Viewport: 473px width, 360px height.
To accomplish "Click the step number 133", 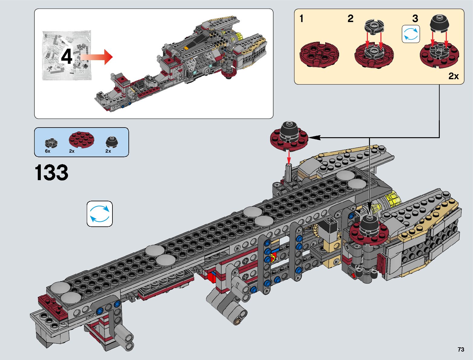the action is tap(51, 172).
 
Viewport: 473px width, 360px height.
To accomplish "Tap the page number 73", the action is tap(461, 349).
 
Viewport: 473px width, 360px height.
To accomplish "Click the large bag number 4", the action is tap(66, 57).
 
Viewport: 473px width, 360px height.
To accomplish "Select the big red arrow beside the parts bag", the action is tap(96, 57).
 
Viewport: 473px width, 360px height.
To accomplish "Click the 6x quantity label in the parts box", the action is tap(48, 151).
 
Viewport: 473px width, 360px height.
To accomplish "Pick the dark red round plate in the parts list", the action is tap(82, 140).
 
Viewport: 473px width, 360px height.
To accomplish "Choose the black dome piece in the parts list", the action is tap(112, 142).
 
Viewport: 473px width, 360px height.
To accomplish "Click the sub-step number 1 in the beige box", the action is tap(302, 18).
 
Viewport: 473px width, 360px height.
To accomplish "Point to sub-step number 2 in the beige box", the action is tap(351, 18).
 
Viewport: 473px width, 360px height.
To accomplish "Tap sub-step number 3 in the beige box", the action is tap(415, 18).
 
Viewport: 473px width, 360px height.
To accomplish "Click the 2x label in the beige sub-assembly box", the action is tap(454, 76).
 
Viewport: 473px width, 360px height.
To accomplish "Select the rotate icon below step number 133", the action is tap(99, 214).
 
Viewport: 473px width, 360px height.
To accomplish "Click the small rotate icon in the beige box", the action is tap(411, 34).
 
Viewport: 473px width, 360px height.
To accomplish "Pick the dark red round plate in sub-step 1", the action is tap(319, 55).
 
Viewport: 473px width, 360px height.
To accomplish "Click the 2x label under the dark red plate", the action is tap(72, 151).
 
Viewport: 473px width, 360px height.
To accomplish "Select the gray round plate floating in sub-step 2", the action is tap(374, 27).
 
